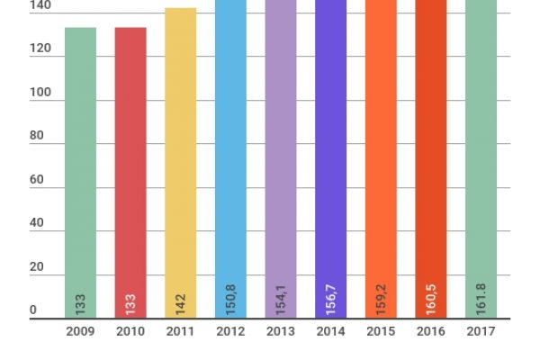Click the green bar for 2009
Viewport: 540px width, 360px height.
pyautogui.click(x=80, y=162)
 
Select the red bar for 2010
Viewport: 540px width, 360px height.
pyautogui.click(x=130, y=162)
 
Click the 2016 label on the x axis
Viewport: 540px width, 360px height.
pyautogui.click(x=430, y=332)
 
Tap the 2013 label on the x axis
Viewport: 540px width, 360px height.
pyautogui.click(x=281, y=332)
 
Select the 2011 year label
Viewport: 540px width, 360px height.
pyautogui.click(x=180, y=332)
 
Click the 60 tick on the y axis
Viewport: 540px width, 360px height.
pyautogui.click(x=36, y=180)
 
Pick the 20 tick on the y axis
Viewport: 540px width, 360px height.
pyautogui.click(x=36, y=267)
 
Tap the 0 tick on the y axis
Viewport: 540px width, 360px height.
pyautogui.click(x=33, y=311)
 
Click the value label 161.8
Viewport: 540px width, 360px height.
pyautogui.click(x=481, y=299)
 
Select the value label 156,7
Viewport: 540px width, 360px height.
pyautogui.click(x=331, y=298)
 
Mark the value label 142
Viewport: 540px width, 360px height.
pyautogui.click(x=181, y=303)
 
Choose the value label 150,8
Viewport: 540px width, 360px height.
pyautogui.click(x=231, y=298)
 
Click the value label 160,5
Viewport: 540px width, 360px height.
pyautogui.click(x=431, y=298)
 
